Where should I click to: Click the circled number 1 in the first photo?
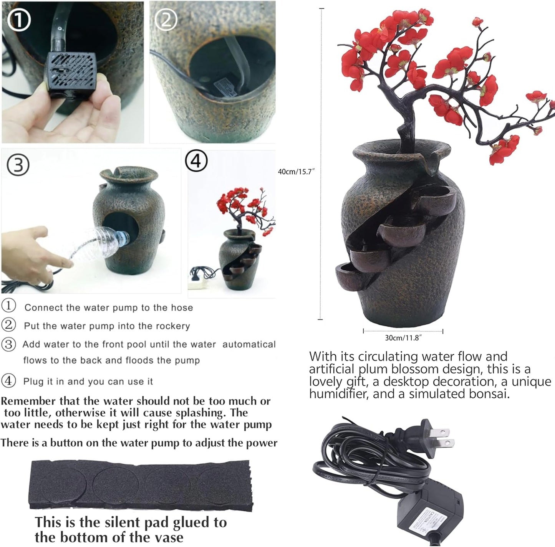pos(19,20)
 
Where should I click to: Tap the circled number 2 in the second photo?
pos(166,20)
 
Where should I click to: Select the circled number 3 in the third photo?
pos(18,165)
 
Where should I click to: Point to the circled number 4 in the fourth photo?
pos(196,161)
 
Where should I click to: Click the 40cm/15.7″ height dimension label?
pos(296,172)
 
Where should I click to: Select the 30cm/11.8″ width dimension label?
pos(403,338)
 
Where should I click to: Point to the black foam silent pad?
pos(141,486)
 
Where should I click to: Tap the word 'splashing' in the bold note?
pos(202,413)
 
